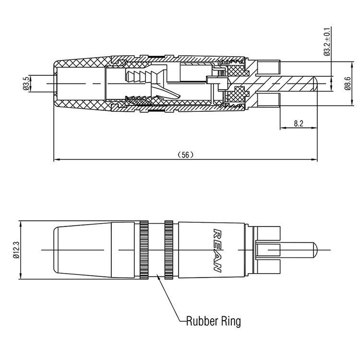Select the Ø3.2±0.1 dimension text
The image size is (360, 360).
[x=326, y=42]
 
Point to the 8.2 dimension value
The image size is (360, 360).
[x=298, y=123]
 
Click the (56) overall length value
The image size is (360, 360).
[x=185, y=155]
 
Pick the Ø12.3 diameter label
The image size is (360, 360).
[x=18, y=250]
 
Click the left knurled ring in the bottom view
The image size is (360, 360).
[x=144, y=250]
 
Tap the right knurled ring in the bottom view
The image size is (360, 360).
[x=168, y=250]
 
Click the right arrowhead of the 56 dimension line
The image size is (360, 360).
[x=316, y=159]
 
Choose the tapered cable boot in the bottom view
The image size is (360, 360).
[x=82, y=250]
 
